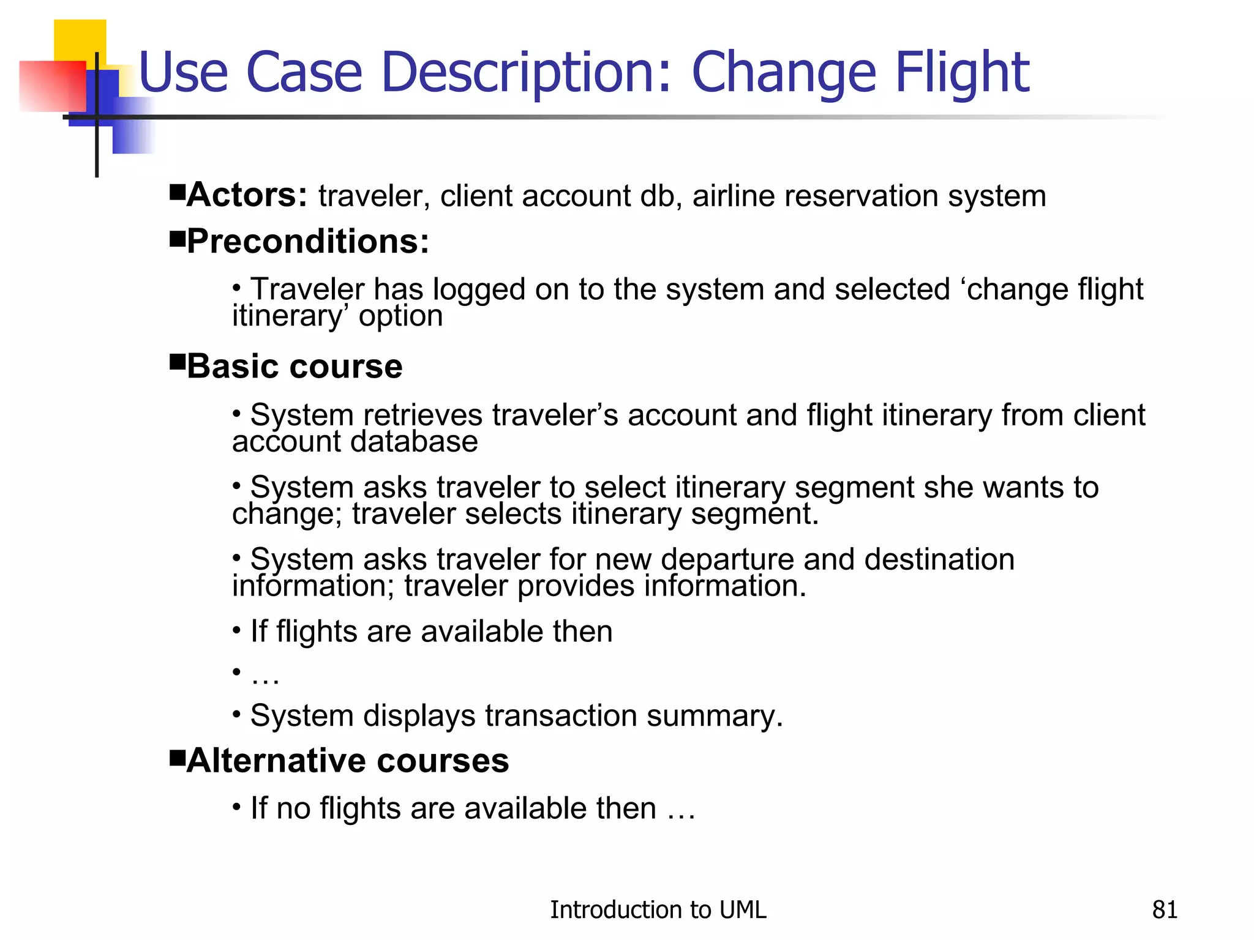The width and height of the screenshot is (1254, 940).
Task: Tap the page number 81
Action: (x=1165, y=910)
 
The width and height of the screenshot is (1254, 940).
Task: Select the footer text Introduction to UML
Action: (x=658, y=910)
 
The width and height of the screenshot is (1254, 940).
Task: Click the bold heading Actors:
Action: (x=247, y=195)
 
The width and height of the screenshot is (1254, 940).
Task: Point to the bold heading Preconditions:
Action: (x=308, y=241)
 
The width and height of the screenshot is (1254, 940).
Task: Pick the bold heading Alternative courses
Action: (x=348, y=761)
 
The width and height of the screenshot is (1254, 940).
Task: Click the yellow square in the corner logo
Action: (x=80, y=40)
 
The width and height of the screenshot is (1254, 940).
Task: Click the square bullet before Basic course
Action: (x=177, y=362)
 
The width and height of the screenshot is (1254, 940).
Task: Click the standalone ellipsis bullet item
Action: (x=265, y=675)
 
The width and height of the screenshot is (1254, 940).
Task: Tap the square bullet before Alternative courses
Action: (x=177, y=756)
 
